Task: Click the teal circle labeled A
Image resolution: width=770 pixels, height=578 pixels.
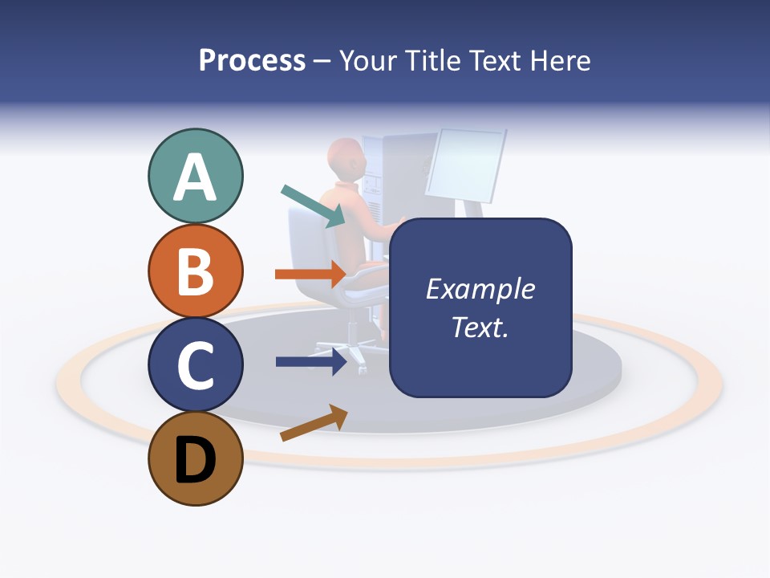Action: [195, 177]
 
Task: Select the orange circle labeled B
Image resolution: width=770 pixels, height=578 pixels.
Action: [195, 271]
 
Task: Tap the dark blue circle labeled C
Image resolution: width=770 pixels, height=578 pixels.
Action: [195, 365]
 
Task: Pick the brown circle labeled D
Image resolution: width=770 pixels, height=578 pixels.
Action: [195, 459]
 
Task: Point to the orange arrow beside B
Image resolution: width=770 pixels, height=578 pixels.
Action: [310, 275]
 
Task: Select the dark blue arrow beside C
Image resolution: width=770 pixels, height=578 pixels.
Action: [311, 362]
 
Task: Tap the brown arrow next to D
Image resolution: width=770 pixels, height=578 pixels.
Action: [314, 423]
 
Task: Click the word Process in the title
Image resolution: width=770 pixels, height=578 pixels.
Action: [252, 61]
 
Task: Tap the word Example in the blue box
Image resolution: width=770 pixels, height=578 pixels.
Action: [480, 289]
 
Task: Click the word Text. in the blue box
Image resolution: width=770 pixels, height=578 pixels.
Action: [480, 327]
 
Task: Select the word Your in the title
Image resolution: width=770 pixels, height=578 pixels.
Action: [367, 61]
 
